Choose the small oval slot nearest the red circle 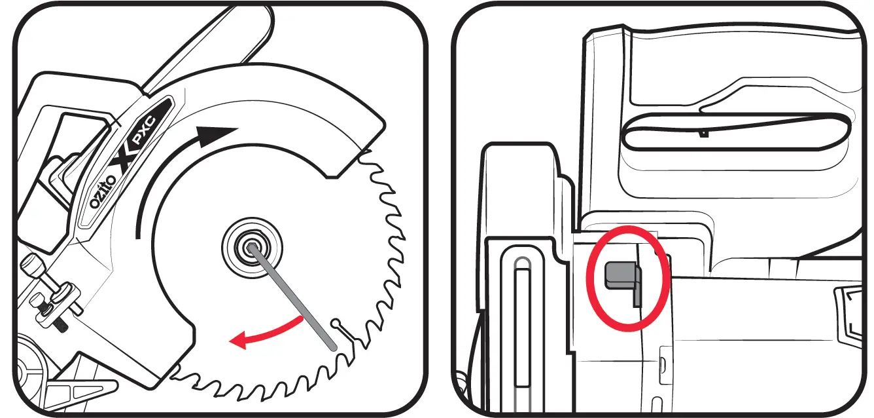tap(661, 362)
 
